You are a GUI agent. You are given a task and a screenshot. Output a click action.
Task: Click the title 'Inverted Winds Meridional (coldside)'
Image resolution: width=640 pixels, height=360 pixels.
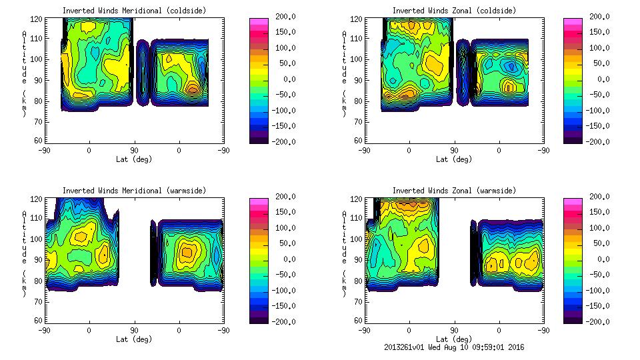pyautogui.click(x=134, y=11)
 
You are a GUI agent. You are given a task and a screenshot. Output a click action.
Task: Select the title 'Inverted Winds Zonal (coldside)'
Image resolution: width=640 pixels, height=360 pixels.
pyautogui.click(x=454, y=11)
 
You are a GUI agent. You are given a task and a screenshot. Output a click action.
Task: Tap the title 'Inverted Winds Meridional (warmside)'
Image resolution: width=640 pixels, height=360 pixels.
pyautogui.click(x=134, y=191)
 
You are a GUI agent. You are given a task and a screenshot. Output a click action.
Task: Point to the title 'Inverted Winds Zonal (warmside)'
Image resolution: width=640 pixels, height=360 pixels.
pyautogui.click(x=454, y=191)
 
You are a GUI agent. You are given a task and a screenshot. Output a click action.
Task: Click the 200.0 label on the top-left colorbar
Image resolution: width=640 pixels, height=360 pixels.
pyautogui.click(x=281, y=17)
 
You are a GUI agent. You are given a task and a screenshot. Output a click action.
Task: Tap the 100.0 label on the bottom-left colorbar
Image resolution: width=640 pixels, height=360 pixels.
pyautogui.click(x=281, y=228)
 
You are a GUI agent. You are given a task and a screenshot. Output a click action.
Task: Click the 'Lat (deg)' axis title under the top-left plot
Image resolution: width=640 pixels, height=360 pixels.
pyautogui.click(x=134, y=159)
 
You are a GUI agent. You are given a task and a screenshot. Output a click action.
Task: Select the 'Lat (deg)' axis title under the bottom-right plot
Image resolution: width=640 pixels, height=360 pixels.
pyautogui.click(x=454, y=339)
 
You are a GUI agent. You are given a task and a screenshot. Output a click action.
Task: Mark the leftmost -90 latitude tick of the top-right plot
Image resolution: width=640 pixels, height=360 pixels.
pyautogui.click(x=364, y=150)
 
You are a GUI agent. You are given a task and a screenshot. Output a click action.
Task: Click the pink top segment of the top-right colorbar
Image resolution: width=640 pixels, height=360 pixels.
pyautogui.click(x=572, y=22)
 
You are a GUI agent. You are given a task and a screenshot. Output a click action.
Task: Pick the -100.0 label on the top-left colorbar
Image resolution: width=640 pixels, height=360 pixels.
pyautogui.click(x=281, y=110)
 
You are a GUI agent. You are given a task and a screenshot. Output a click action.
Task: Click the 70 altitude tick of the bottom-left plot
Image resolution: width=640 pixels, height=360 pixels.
pyautogui.click(x=37, y=302)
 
